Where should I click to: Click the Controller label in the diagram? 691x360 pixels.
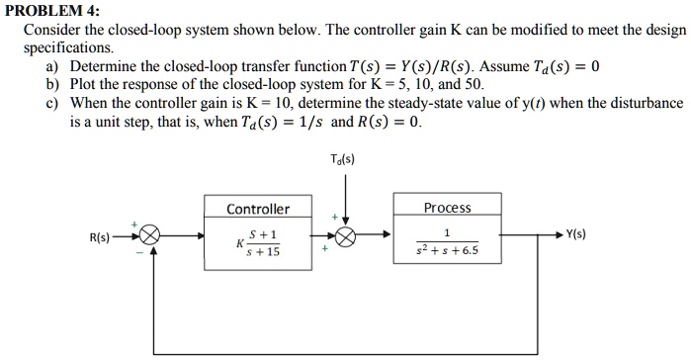click(x=258, y=209)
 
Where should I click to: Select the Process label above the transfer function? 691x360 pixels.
click(x=447, y=208)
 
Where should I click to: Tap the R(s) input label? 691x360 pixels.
click(x=100, y=237)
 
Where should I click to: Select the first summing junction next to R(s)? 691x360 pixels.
click(x=150, y=237)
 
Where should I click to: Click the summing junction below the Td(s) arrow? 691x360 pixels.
click(x=345, y=237)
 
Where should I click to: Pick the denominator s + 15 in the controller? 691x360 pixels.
click(x=264, y=251)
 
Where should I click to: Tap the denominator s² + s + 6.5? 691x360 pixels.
click(x=447, y=250)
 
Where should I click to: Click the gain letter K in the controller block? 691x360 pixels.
click(x=239, y=242)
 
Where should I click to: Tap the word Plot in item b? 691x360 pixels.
click(x=84, y=84)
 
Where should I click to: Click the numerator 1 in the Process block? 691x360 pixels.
click(x=447, y=233)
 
